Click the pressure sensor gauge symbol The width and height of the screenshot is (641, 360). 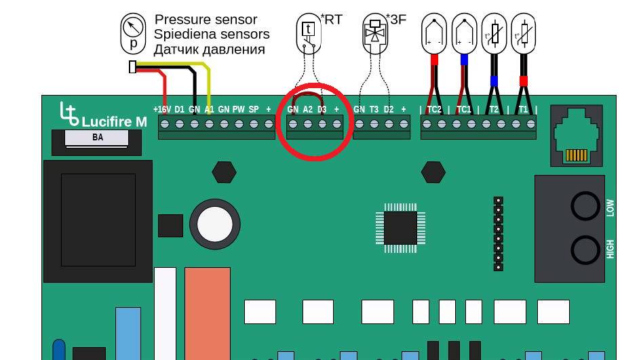133,33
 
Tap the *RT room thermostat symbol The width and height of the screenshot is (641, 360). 309,33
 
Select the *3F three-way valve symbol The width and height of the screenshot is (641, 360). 375,33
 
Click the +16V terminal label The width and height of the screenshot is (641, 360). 162,110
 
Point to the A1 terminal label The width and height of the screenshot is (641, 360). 210,110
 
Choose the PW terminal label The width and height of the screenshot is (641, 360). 238,110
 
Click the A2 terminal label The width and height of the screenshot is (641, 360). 307,110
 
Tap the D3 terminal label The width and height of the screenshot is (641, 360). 322,110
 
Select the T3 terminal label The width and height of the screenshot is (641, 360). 374,110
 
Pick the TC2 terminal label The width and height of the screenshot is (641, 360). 434,110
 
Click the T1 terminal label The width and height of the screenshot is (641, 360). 523,110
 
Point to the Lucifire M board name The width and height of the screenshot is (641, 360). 114,121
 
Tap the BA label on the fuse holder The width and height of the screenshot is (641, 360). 98,138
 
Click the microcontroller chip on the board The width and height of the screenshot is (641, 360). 401,228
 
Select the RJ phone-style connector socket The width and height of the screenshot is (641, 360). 577,136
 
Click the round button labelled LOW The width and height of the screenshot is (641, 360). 585,206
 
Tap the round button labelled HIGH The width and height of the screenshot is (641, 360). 585,250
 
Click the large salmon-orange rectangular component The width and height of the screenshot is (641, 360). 208,313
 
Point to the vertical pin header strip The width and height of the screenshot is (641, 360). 499,234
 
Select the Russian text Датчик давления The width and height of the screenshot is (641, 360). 210,49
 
